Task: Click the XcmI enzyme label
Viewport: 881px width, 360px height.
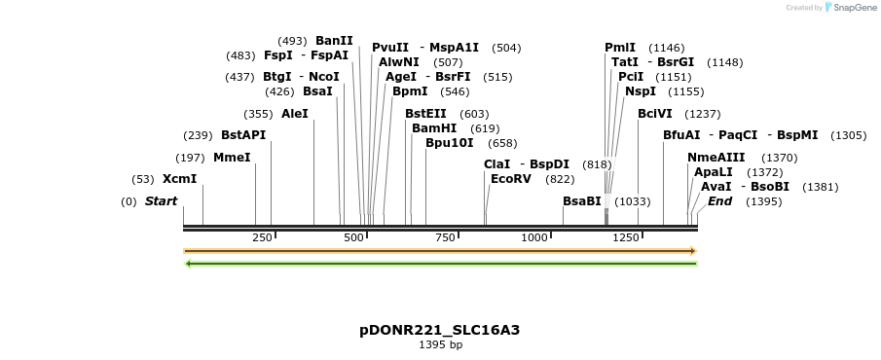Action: click(179, 179)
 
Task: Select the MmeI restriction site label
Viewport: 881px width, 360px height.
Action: click(232, 158)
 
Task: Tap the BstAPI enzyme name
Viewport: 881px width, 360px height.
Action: click(243, 135)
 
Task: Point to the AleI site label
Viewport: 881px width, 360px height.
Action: click(294, 114)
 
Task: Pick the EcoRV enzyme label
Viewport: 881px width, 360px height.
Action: click(511, 179)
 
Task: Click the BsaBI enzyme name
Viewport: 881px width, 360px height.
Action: click(582, 201)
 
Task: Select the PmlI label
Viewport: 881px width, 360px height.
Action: click(620, 48)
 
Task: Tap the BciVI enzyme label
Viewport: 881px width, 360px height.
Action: click(655, 114)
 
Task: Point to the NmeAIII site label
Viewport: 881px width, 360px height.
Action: click(716, 158)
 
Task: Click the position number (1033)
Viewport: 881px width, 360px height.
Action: click(633, 201)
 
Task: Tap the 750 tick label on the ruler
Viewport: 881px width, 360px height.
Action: click(445, 237)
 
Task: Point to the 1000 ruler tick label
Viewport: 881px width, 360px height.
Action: click(534, 237)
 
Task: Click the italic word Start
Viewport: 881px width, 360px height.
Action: click(162, 201)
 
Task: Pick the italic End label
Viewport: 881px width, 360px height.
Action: click(719, 201)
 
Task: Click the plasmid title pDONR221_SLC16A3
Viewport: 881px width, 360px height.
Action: click(440, 330)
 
